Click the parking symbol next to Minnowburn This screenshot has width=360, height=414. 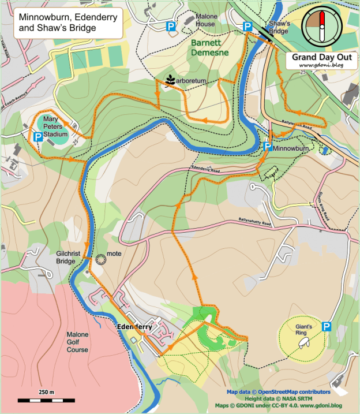tap(268, 147)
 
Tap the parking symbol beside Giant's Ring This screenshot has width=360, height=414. tap(326, 327)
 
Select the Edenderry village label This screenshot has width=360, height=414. tap(134, 327)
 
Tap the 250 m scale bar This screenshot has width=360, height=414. tap(46, 400)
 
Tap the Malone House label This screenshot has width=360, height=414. tap(205, 20)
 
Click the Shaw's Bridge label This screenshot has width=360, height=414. tap(278, 28)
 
